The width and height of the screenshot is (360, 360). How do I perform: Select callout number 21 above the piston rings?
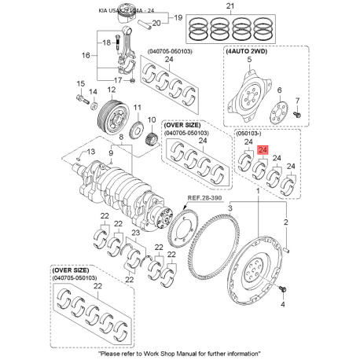[230, 7]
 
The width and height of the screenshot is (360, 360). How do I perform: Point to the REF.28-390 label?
[204, 200]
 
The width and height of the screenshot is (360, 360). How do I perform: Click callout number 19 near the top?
[177, 17]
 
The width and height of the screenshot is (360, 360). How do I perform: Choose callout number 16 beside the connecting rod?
[87, 56]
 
